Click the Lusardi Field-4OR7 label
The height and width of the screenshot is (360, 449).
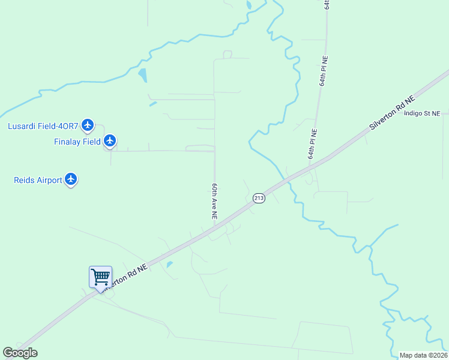(43, 126)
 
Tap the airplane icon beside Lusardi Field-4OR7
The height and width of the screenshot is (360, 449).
(88, 125)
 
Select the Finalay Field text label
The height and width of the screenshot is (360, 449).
(77, 142)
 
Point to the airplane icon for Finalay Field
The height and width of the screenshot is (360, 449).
(109, 141)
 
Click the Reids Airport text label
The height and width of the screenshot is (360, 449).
(38, 180)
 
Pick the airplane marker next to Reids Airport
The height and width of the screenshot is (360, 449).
(71, 179)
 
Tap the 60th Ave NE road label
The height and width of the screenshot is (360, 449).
(213, 200)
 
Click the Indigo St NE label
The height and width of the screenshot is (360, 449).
(422, 113)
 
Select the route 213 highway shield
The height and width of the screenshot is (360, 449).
(259, 198)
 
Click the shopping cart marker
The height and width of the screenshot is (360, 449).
(100, 277)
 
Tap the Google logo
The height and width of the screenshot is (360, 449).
(20, 353)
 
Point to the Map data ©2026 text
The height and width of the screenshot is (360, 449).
(423, 355)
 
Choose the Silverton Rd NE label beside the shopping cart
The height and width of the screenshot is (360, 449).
(126, 277)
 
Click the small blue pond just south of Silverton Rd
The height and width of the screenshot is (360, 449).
(170, 264)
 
